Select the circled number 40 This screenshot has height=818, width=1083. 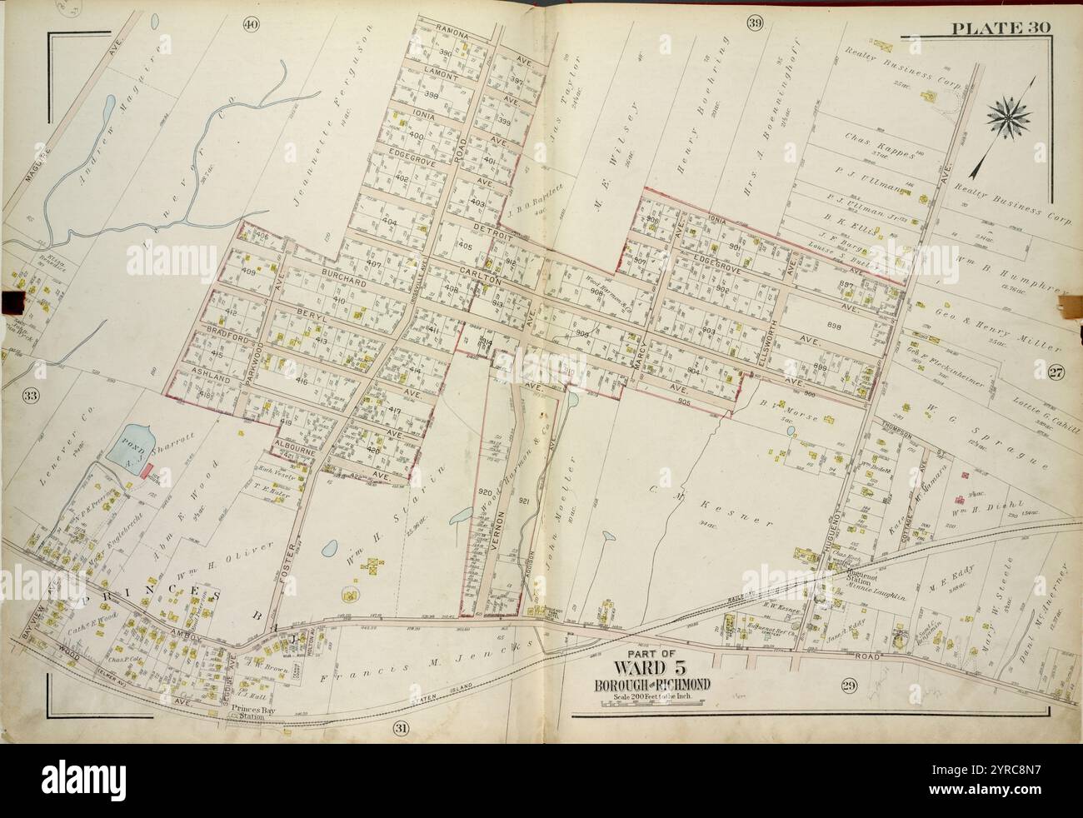pyautogui.click(x=249, y=23)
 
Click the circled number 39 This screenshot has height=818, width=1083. pyautogui.click(x=755, y=23)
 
